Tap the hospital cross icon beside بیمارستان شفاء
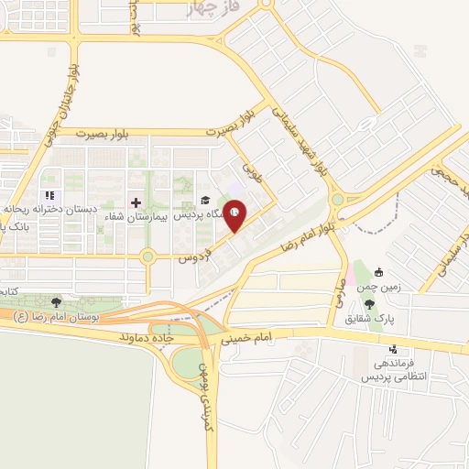136,202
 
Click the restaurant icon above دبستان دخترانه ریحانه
50,195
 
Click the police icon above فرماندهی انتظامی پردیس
393,348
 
